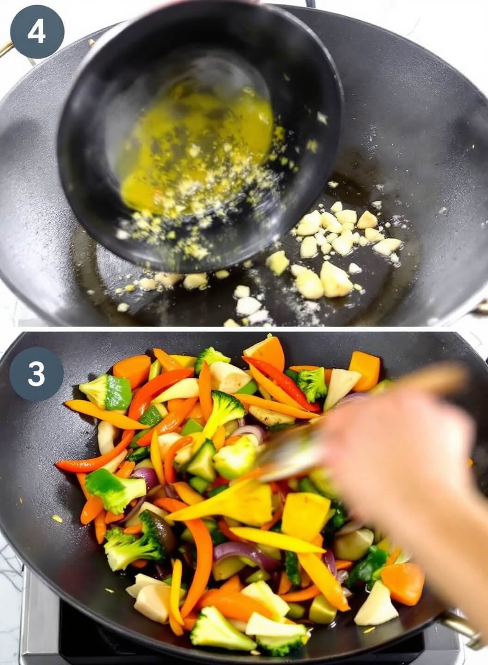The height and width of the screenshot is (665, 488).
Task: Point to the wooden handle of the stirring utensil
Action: pyautogui.click(x=434, y=379)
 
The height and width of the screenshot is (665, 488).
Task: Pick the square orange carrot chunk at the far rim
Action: pyautogui.click(x=365, y=369)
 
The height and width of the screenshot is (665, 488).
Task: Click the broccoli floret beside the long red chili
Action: pyautogui.click(x=312, y=383)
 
